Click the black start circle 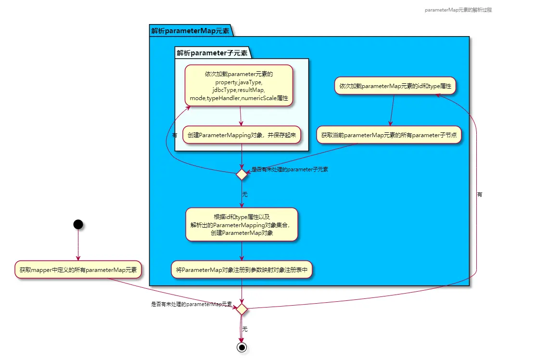[77, 224]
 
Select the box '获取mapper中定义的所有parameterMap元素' [78, 270]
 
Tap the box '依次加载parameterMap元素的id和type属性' [395, 86]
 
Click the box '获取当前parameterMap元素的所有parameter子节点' [389, 135]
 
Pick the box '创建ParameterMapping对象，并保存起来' [242, 135]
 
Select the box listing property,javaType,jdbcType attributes [239, 86]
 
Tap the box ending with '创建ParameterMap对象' [242, 224]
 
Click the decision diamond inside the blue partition [242, 175]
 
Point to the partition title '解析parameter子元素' [212, 53]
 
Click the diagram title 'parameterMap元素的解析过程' [458, 10]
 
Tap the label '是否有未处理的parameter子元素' [290, 169]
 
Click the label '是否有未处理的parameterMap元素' [191, 304]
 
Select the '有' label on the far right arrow [480, 194]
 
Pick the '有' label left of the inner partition [175, 135]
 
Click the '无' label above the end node [245, 329]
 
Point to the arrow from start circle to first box [77, 245]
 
